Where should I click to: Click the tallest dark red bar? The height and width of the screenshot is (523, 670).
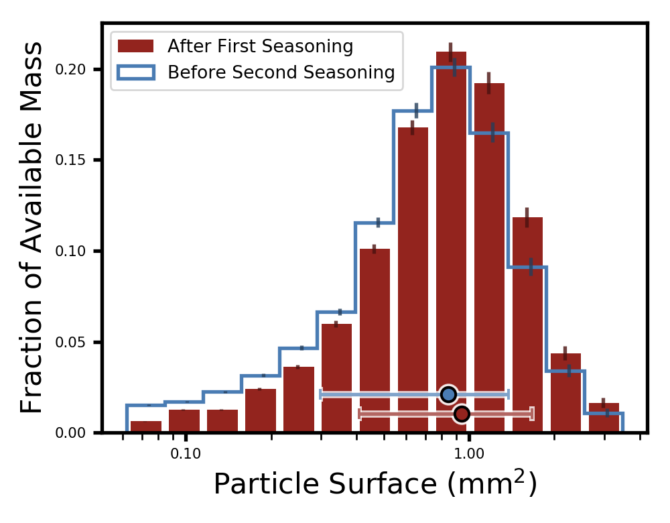(x=451, y=241)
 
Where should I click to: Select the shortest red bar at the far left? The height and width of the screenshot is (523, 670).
(x=145, y=426)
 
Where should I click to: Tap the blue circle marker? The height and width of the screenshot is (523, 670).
(x=449, y=394)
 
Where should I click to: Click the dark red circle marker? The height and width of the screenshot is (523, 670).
(x=462, y=414)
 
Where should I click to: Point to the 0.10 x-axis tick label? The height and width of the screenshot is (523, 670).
(x=186, y=454)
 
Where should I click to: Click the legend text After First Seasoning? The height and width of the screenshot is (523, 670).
(x=260, y=46)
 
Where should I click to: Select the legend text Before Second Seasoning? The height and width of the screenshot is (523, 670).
(x=281, y=72)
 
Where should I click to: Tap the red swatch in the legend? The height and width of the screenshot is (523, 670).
(x=135, y=46)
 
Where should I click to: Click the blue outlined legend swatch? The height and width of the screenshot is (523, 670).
(x=135, y=72)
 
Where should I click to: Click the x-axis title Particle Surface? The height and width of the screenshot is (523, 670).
(x=375, y=485)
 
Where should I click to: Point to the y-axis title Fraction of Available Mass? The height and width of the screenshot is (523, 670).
(x=31, y=227)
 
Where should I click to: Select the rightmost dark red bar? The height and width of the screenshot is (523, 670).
(x=604, y=418)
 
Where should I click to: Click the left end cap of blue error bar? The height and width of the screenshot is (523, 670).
(x=321, y=394)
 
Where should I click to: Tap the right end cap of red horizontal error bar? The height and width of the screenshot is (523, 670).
(x=533, y=414)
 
